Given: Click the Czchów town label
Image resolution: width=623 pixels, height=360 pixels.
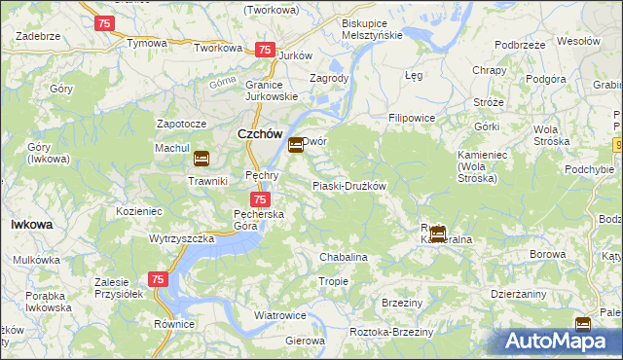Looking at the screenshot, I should [260, 135].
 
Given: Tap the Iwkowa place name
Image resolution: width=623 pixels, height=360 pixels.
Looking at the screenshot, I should [31, 224].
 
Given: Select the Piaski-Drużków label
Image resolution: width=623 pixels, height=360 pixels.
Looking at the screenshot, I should [349, 186].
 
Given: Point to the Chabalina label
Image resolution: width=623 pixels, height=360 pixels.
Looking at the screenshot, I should [344, 257].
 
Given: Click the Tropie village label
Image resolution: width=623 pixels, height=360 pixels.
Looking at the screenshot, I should [333, 281].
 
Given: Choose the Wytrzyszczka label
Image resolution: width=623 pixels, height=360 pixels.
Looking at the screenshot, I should [181, 238].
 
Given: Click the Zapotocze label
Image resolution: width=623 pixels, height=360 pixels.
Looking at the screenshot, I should [181, 125].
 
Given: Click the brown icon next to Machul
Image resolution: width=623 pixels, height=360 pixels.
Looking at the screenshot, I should [201, 159].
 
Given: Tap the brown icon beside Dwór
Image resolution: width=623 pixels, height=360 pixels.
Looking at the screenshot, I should [295, 146].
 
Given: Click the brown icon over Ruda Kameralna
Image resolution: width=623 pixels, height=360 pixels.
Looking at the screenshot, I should [438, 234].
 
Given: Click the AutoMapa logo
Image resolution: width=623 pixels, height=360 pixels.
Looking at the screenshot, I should [562, 341].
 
